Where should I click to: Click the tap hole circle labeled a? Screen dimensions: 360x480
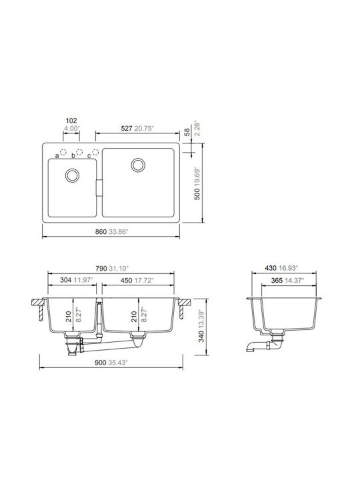point(63,152)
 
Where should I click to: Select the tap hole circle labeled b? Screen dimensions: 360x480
point(79,152)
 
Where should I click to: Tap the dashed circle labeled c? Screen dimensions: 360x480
point(95,152)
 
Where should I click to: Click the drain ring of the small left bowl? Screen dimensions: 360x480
point(72,175)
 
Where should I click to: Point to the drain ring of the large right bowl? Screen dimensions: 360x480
point(138,165)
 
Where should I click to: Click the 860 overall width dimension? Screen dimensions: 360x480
point(101,232)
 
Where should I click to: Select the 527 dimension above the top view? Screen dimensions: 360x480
point(127,128)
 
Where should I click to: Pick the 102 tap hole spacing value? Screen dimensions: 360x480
point(71,121)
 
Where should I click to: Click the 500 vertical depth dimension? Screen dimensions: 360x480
point(197,194)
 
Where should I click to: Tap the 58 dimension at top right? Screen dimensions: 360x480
point(187,132)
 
